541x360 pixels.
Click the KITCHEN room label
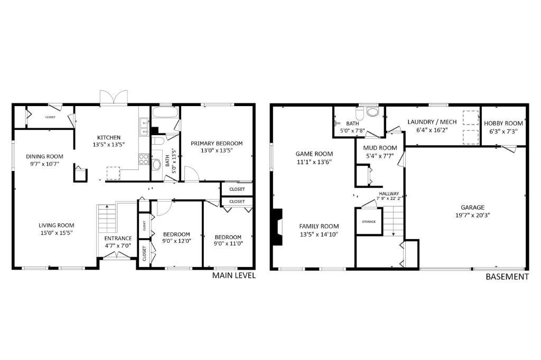[108, 137]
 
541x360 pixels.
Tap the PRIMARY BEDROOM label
[217, 143]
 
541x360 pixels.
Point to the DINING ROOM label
[45, 156]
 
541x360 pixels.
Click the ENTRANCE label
[118, 238]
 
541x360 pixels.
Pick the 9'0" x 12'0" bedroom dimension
[176, 241]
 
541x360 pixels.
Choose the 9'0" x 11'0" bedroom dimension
[228, 244]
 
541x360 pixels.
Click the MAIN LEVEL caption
[234, 276]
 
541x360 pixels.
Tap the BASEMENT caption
[507, 277]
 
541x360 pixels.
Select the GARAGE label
[472, 207]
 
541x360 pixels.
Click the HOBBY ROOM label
[503, 124]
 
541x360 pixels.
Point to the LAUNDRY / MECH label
[432, 122]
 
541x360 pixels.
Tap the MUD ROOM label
[380, 148]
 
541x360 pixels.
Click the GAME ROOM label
[314, 154]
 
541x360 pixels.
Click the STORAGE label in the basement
[369, 222]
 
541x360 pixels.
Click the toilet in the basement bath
[373, 112]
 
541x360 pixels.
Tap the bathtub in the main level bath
[165, 113]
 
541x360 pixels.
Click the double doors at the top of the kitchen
[114, 99]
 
